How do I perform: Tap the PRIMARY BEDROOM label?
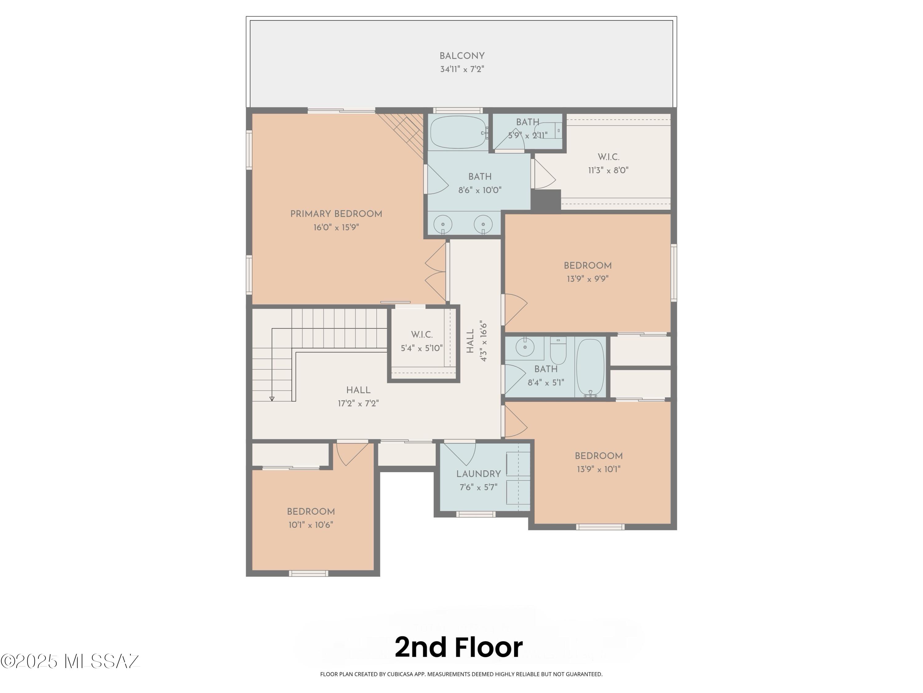(336, 214)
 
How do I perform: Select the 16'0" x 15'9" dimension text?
(336, 228)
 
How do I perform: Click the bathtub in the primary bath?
(458, 132)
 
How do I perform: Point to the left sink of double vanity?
(443, 224)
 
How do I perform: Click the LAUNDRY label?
(478, 474)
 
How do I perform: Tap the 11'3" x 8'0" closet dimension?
(608, 170)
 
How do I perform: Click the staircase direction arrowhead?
(272, 399)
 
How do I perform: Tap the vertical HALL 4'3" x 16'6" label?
(477, 341)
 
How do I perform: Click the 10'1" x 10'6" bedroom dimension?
(310, 525)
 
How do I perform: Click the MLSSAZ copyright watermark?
(70, 661)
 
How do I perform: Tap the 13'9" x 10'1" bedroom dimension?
(598, 469)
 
